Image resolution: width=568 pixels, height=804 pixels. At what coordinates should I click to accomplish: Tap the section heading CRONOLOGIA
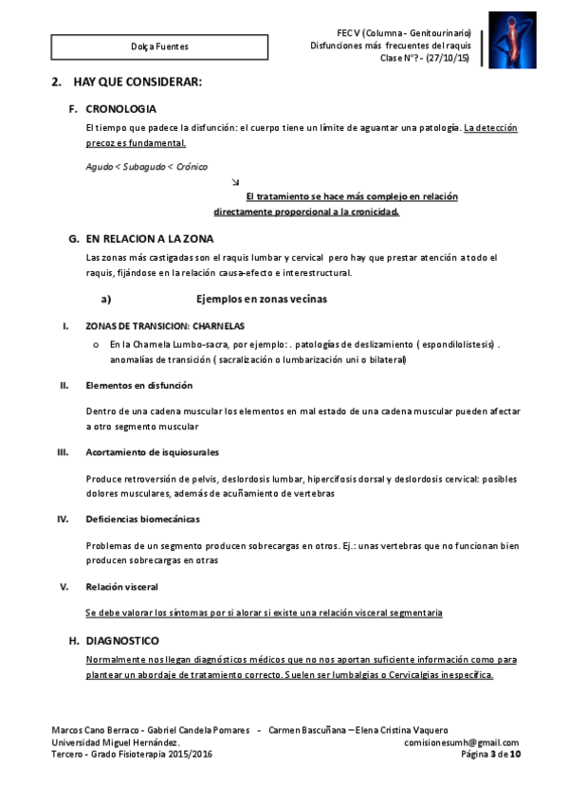tap(120, 109)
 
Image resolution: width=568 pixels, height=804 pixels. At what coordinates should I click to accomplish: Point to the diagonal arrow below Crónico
tap(235, 181)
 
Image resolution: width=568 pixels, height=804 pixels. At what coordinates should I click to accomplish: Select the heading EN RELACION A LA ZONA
tap(150, 238)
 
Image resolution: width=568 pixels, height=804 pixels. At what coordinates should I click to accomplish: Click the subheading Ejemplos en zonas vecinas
tap(261, 300)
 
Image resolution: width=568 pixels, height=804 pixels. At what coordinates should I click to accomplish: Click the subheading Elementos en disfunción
tap(138, 386)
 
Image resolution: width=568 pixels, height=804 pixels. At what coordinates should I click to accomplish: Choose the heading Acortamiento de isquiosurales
tap(147, 452)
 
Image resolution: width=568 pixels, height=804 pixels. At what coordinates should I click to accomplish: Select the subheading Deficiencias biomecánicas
tap(142, 519)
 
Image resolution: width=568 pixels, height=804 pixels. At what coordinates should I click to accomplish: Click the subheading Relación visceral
tap(121, 586)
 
